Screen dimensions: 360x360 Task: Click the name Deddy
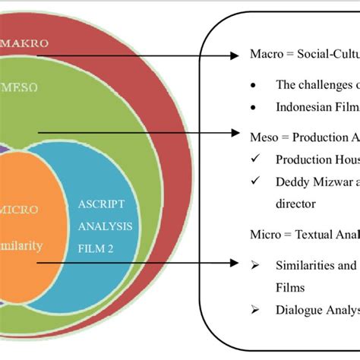(x=292, y=182)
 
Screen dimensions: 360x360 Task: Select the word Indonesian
(x=301, y=108)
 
